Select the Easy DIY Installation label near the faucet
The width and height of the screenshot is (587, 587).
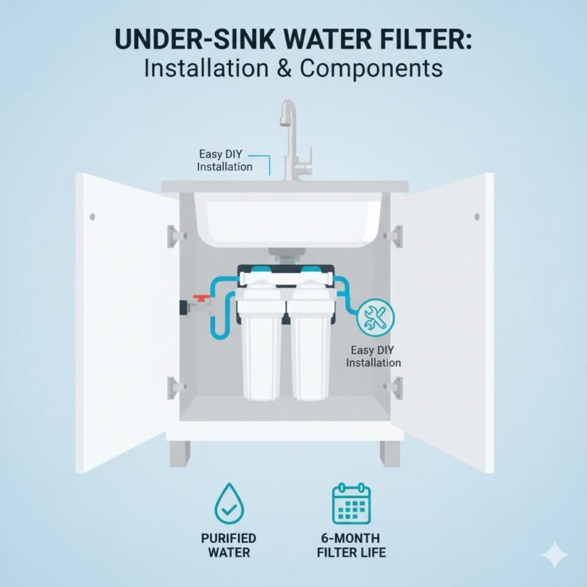coord(225,161)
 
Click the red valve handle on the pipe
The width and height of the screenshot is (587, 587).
coord(201,299)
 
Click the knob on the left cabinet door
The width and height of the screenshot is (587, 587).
coord(92,216)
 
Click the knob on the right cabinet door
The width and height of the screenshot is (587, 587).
coord(477,216)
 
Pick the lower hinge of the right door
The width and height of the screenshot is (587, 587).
coord(397,385)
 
